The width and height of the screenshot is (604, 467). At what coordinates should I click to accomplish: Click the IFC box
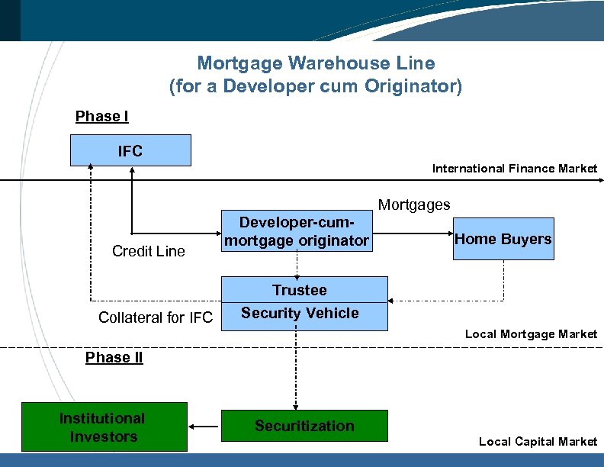130,150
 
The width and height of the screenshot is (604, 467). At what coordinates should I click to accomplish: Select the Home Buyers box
503,239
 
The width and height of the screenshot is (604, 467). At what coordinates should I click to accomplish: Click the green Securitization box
304,426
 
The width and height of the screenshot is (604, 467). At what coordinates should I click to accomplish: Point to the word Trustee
300,290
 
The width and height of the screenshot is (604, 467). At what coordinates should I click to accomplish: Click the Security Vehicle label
300,313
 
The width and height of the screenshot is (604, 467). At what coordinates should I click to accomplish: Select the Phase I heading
101,117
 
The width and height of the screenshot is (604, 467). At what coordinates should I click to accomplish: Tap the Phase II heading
114,358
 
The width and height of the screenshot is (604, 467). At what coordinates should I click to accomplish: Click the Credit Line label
148,251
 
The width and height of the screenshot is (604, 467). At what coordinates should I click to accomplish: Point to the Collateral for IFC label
156,317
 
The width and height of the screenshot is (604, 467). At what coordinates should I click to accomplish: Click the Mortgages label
414,205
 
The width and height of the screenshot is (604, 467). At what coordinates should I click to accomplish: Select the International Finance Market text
515,168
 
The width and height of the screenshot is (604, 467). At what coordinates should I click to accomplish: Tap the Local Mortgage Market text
531,334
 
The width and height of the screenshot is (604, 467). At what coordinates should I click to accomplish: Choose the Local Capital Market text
538,441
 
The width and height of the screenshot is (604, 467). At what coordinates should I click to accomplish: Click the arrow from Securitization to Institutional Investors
204,426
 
